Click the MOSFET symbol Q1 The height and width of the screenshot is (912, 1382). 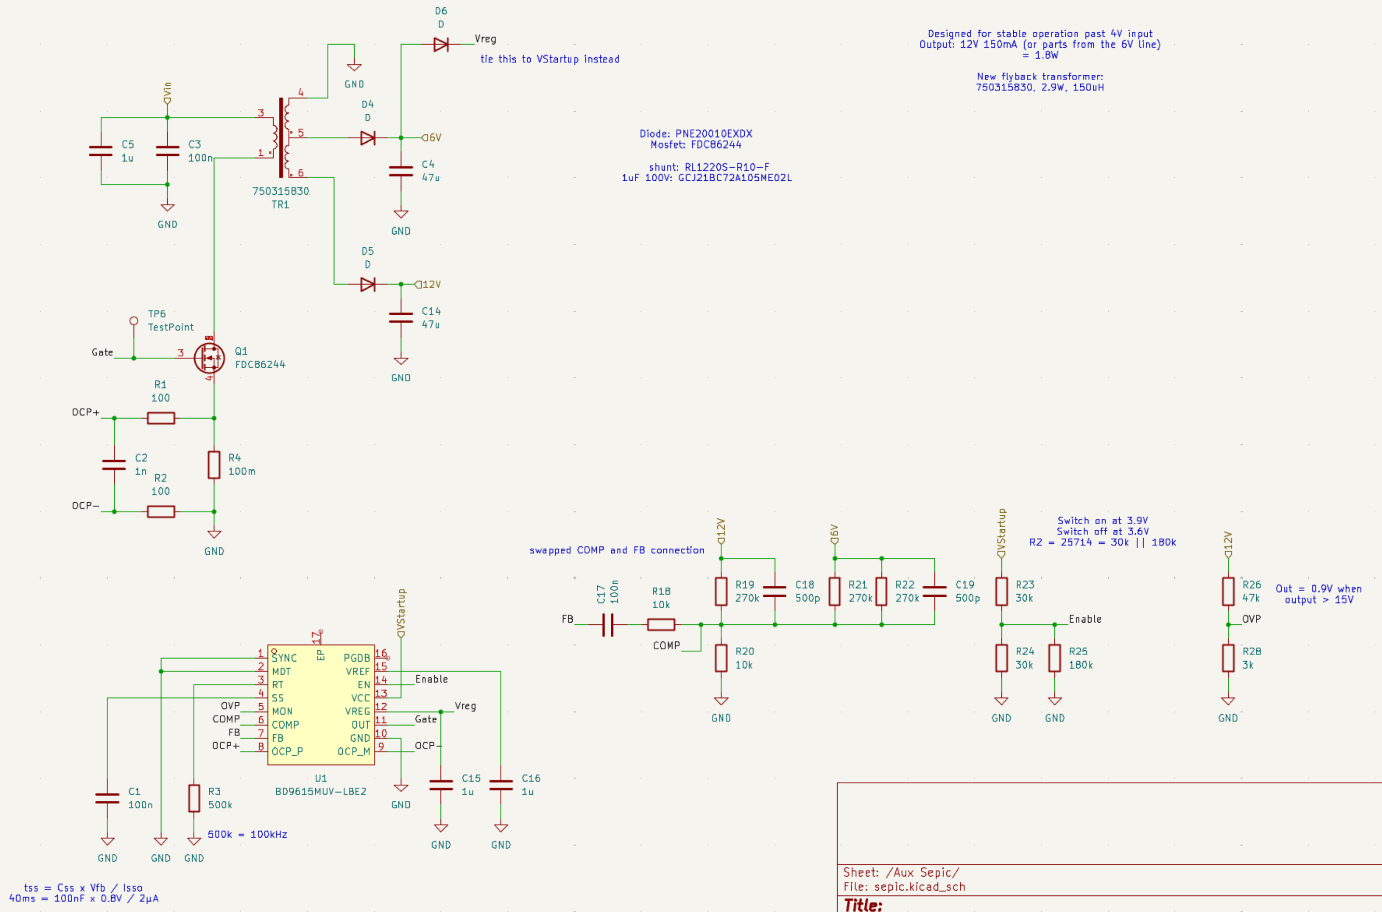(209, 358)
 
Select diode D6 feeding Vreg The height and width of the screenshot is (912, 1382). (441, 44)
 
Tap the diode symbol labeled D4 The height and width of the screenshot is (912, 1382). (368, 138)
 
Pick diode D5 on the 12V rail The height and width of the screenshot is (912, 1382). (368, 285)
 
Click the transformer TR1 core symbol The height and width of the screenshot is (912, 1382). (281, 137)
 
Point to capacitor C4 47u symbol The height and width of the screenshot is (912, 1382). (401, 170)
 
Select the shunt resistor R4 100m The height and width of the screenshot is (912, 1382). (214, 465)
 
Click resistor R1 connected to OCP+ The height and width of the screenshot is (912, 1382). (161, 418)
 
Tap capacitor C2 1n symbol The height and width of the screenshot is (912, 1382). (114, 465)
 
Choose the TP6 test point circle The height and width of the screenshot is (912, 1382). (134, 321)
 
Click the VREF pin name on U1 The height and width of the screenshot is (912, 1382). (358, 672)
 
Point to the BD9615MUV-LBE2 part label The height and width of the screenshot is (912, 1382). (320, 792)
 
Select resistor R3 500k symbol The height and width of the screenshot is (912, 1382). (194, 799)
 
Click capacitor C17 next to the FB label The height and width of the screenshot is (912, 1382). (608, 625)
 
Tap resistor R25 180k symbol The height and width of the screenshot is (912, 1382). (1054, 658)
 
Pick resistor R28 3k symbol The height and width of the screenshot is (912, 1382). (1228, 658)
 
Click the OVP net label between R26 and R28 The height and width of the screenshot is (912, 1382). (1252, 619)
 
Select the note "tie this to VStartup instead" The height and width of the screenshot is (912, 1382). (549, 59)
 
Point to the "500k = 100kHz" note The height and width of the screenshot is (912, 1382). (247, 834)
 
